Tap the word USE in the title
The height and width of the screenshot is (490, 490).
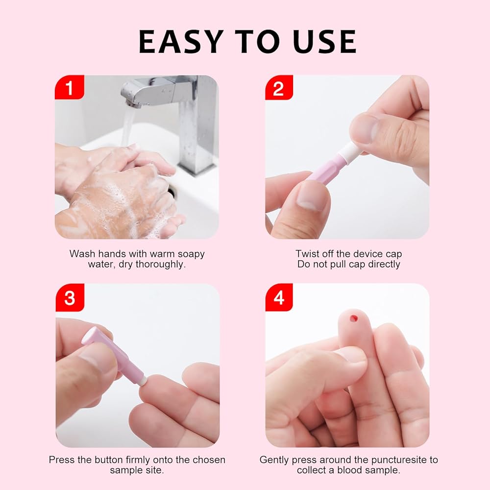324,41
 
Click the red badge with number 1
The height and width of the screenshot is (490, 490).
70,87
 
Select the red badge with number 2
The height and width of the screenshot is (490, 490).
279,88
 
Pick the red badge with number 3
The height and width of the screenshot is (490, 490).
70,297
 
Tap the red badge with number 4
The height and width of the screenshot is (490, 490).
279,297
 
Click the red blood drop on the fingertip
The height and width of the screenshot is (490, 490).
353,318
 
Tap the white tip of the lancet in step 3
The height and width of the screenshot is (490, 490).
143,381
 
